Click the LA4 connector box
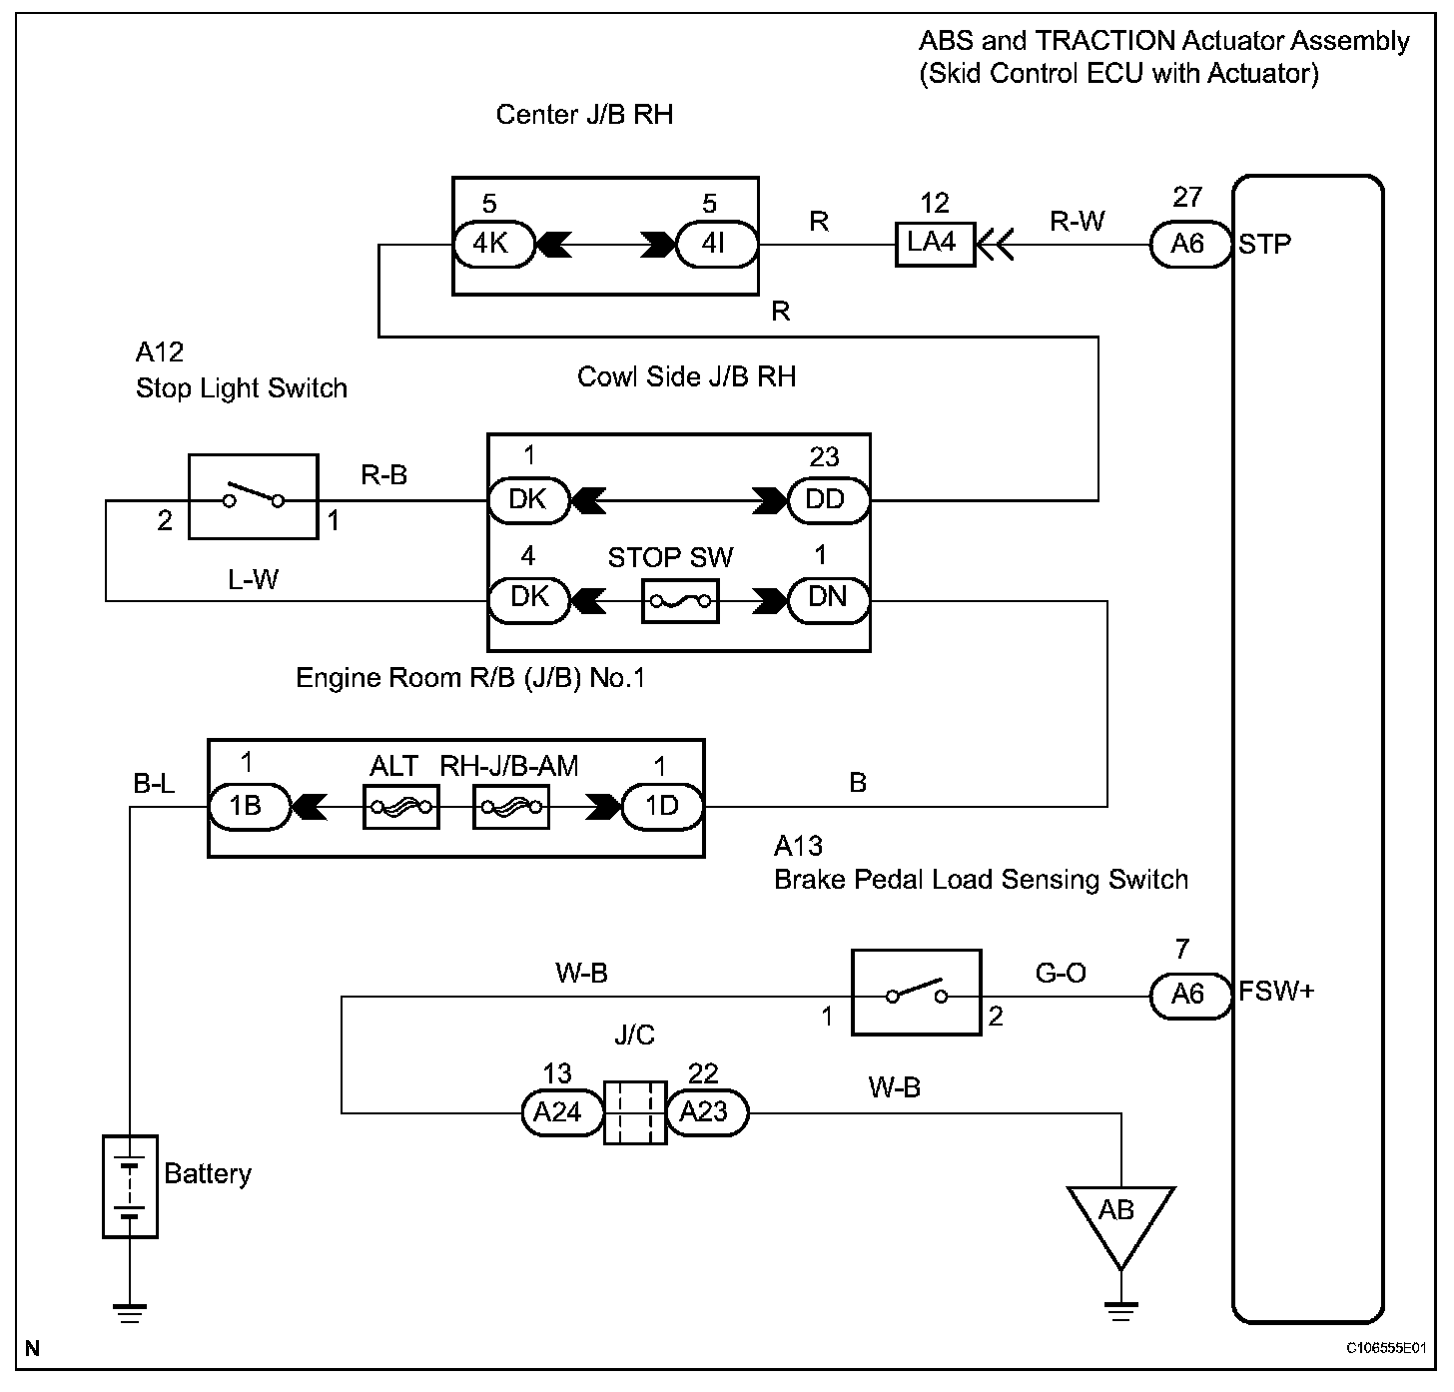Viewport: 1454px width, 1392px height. coord(935,244)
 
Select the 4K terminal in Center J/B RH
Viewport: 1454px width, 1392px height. coord(494,245)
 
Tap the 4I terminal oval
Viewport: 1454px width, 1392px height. coord(717,245)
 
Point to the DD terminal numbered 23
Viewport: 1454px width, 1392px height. coord(829,500)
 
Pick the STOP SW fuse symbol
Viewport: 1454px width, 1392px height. coord(680,601)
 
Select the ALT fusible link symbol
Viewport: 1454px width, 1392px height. coord(401,807)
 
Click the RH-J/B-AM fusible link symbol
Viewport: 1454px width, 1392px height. coord(511,807)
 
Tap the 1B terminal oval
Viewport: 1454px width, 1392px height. coord(249,807)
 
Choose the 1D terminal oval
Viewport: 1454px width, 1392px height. coord(662,807)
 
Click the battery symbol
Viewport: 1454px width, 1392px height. coord(130,1187)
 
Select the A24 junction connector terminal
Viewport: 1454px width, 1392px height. coord(562,1112)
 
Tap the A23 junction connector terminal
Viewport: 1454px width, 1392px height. coord(707,1112)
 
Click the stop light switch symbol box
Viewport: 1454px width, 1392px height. coord(254,497)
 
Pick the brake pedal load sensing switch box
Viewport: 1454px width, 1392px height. coord(917,993)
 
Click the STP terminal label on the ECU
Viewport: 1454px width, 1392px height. coord(1265,245)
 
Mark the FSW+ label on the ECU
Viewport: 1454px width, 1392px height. coord(1276,992)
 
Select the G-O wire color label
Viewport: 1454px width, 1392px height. coord(1061,973)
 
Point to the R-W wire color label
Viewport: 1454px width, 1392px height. coord(1078,221)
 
